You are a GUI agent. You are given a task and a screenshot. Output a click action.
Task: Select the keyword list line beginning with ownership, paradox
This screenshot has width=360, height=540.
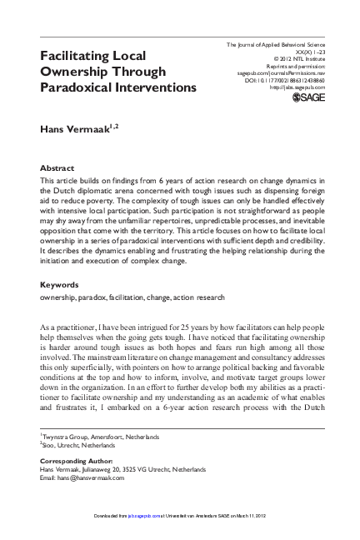132,296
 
